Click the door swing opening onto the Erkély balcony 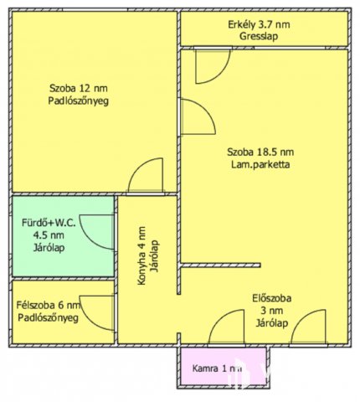pos(210,65)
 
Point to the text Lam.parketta pos(260,166)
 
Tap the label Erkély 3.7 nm pos(260,23)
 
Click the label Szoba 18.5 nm pos(260,152)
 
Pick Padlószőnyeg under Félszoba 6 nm pos(48,318)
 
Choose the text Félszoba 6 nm pos(48,306)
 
